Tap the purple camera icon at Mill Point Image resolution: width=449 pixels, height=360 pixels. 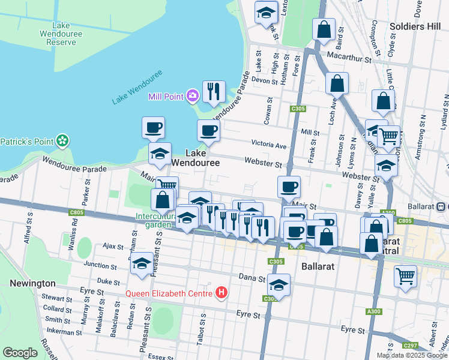click(192, 95)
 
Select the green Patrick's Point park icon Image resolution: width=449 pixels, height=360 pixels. click(62, 142)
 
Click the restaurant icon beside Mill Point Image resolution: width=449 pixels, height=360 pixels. click(213, 92)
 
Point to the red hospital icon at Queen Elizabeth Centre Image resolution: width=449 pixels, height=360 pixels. click(222, 293)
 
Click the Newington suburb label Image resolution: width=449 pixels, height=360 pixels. click(32, 283)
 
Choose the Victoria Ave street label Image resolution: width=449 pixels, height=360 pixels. click(269, 145)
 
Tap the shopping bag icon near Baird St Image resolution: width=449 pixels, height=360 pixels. click(324, 29)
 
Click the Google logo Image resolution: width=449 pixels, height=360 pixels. click(20, 353)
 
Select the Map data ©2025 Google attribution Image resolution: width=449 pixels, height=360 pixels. click(412, 355)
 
